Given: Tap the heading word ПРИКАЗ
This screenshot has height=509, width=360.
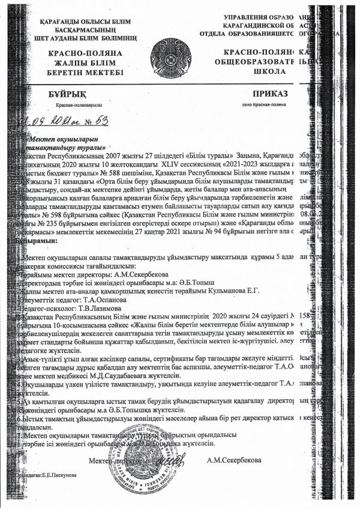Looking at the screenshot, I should coord(272,94).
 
